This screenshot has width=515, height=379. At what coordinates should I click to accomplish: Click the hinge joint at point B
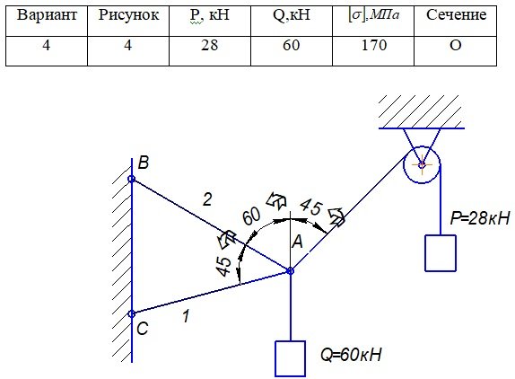tap(131, 179)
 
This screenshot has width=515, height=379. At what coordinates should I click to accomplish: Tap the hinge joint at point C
tap(131, 314)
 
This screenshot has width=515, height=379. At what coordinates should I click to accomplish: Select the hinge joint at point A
tap(290, 271)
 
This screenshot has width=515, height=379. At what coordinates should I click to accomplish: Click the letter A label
tap(297, 242)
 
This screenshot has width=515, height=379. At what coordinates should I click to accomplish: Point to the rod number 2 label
tap(207, 199)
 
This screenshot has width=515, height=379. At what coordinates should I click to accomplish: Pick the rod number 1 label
tap(187, 316)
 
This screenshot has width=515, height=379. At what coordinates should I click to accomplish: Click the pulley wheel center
tap(422, 164)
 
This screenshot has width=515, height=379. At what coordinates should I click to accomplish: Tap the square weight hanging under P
tap(441, 253)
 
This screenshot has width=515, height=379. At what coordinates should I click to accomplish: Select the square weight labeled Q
tap(290, 358)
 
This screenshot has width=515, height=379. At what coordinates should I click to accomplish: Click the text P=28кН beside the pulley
tap(480, 217)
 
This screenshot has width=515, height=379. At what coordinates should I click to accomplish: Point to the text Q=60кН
tap(351, 355)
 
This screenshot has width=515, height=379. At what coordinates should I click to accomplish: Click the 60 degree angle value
tap(251, 216)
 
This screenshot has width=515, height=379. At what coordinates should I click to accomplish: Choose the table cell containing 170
tap(373, 51)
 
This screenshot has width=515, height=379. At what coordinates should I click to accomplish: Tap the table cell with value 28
tap(210, 51)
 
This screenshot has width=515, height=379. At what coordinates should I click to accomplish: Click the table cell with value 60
tap(292, 51)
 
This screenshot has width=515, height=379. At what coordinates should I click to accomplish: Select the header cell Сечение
tap(455, 21)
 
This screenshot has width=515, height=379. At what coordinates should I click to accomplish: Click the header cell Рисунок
tap(128, 21)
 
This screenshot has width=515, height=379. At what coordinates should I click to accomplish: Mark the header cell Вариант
tap(47, 21)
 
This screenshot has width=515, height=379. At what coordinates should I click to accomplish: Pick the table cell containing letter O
tap(455, 51)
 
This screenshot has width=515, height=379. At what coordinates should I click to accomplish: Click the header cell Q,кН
tap(292, 21)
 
